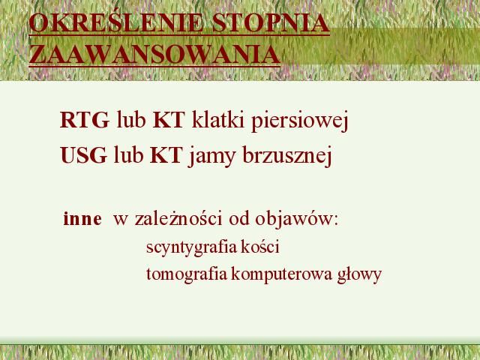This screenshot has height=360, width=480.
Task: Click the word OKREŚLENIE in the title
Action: click(x=115, y=22)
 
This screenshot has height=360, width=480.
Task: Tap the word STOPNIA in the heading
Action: click(x=271, y=23)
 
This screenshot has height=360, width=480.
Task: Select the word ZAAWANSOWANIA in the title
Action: click(x=154, y=54)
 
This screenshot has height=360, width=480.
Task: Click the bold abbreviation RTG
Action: click(x=85, y=120)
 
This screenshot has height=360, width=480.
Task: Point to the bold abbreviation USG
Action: click(x=83, y=155)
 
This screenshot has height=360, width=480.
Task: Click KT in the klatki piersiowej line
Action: click(x=169, y=120)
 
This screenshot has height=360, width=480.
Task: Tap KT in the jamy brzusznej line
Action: click(x=166, y=155)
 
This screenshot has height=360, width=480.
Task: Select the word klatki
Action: click(x=217, y=119)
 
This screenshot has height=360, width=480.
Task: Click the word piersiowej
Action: click(x=300, y=121)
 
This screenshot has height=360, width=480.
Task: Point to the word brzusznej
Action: click(x=287, y=155)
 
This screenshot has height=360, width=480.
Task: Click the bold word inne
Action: click(x=82, y=218)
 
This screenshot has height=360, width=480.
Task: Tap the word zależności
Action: click(x=178, y=218)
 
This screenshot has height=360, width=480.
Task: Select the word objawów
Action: click(x=295, y=219)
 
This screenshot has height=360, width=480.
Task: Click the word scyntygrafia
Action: click(x=192, y=247)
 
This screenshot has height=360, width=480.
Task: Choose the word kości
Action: click(x=260, y=247)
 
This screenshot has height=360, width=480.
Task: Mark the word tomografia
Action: click(x=187, y=274)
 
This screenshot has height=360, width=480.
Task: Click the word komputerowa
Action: click(x=281, y=274)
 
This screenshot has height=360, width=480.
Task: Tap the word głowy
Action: click(x=359, y=274)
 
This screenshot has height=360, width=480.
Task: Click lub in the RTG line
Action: click(x=130, y=119)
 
